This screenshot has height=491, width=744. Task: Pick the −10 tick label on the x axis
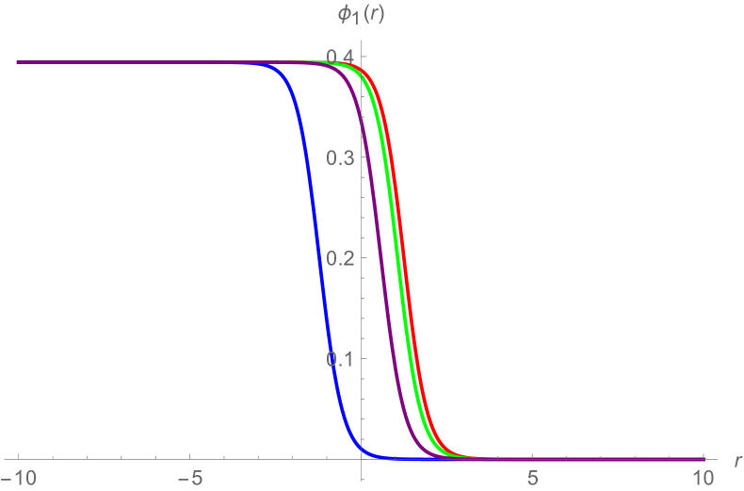pos(18,475)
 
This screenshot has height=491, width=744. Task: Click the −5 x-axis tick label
pos(189,475)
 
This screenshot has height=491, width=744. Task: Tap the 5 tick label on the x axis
pos(532,475)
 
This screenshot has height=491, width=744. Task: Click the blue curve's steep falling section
pos(317,254)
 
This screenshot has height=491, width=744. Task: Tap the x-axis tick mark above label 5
pos(532,456)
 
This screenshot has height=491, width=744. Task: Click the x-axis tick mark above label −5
pos(189,456)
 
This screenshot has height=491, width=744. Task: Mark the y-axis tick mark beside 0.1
pos(364,358)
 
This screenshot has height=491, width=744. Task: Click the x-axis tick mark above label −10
pos(18,456)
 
